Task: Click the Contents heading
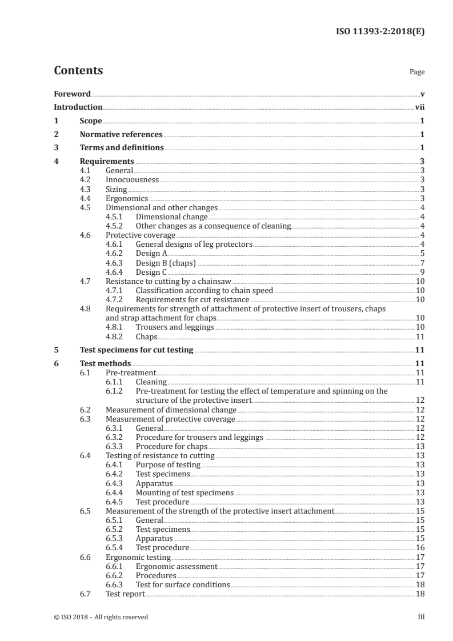(78, 71)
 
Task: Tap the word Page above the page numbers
(417, 73)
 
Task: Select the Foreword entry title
(72, 94)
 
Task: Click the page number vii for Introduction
(419, 107)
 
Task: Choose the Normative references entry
(121, 134)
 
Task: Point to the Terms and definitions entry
(122, 148)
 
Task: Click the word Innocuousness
(133, 179)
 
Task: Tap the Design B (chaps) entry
(166, 263)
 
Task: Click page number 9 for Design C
(422, 272)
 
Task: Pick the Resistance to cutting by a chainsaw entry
(170, 281)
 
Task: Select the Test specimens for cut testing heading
(137, 350)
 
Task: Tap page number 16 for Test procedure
(420, 547)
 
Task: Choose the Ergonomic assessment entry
(177, 566)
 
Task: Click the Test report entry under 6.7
(126, 594)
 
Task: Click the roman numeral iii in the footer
(421, 617)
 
